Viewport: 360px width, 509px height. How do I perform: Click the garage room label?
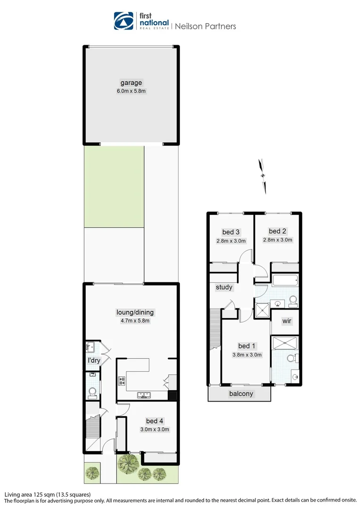coord(131,83)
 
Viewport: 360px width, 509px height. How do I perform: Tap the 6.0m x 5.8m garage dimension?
coord(131,91)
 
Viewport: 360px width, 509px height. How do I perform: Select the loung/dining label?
coord(135,312)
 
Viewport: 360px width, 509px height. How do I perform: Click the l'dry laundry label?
coord(94,361)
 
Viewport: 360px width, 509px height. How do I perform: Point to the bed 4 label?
coord(155,421)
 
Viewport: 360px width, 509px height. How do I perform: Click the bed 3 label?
coord(231,232)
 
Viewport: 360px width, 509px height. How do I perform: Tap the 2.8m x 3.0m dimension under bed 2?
coord(278,240)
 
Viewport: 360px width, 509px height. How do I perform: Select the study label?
coord(224,287)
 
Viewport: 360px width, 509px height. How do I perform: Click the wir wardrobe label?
coord(286,321)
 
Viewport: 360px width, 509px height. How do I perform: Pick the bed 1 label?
coord(247,346)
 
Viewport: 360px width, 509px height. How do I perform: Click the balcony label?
coord(241,394)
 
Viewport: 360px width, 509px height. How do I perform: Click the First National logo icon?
coord(123,21)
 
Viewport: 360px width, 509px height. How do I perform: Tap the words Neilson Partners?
coord(205,26)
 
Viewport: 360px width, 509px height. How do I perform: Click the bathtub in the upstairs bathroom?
coord(286,280)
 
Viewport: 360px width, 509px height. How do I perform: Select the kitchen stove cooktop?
coord(122,381)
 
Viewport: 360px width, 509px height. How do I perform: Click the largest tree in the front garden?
coord(129,463)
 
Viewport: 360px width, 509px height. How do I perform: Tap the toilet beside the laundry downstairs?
coord(92,393)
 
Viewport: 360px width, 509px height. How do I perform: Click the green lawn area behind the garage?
coord(114,187)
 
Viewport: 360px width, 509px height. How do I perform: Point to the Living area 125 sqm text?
coord(48,495)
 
